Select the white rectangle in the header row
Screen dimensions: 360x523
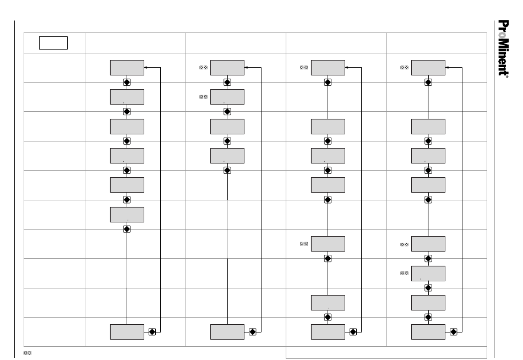[53, 42]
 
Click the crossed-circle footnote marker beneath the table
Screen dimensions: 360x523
[27, 352]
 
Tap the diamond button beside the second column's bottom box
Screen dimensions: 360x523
[253, 332]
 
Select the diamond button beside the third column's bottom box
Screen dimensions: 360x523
[353, 332]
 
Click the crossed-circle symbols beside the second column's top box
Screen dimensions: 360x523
[203, 68]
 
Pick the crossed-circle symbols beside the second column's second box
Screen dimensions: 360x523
[203, 97]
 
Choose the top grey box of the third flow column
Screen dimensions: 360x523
[328, 68]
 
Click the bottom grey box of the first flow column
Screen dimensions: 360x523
[127, 332]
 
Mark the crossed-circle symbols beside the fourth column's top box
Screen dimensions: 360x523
[404, 68]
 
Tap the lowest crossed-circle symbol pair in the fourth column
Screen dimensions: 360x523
[404, 273]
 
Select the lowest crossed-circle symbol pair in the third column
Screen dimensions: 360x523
[303, 244]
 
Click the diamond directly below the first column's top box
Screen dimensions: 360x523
[127, 82]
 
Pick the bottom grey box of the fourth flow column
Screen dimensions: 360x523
[428, 332]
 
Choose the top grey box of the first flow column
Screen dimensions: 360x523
[127, 68]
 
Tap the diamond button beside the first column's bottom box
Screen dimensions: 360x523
[152, 332]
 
